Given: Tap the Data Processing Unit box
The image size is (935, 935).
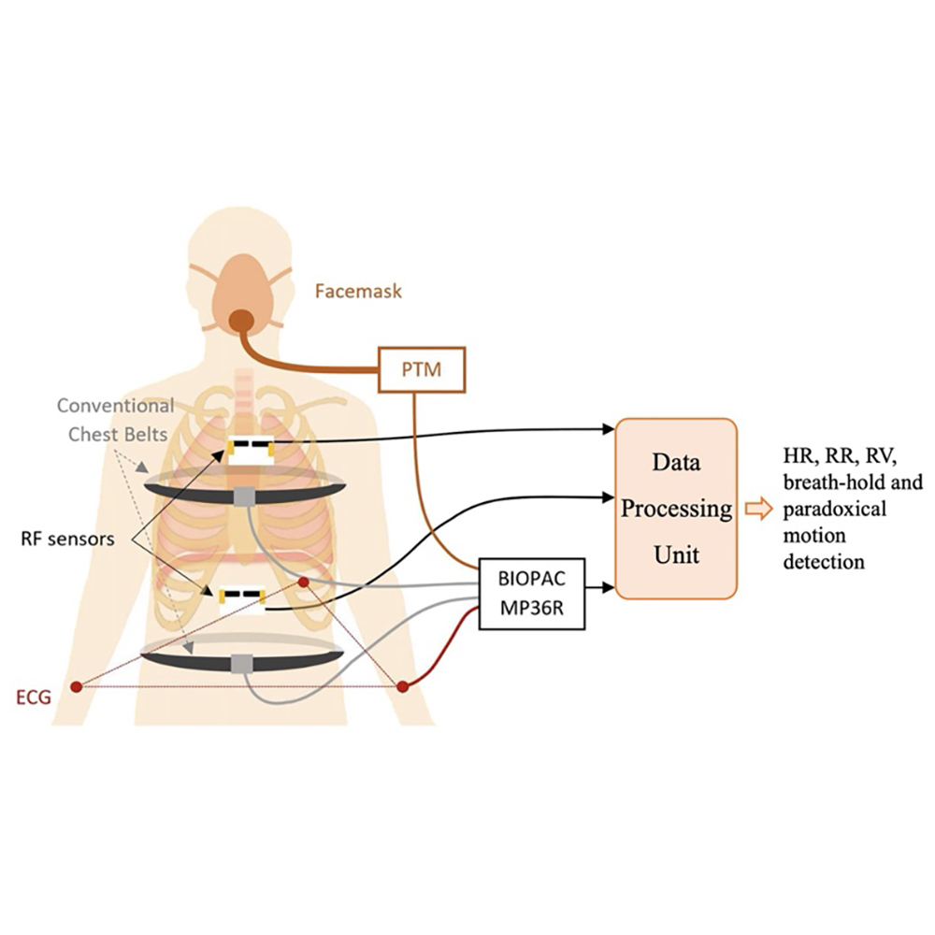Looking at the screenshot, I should click(675, 510).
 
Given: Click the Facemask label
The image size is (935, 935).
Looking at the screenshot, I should click(359, 292).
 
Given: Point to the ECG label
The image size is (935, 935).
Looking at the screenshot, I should click(34, 696).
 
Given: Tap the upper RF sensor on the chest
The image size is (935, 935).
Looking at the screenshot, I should click(249, 451).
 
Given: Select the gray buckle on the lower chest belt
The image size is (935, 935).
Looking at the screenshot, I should click(243, 663).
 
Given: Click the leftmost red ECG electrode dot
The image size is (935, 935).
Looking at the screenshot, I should click(77, 687).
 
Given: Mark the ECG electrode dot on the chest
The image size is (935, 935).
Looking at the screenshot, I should click(304, 583).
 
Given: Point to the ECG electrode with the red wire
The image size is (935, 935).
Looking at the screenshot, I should click(403, 687).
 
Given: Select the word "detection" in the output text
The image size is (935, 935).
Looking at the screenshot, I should click(823, 563).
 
